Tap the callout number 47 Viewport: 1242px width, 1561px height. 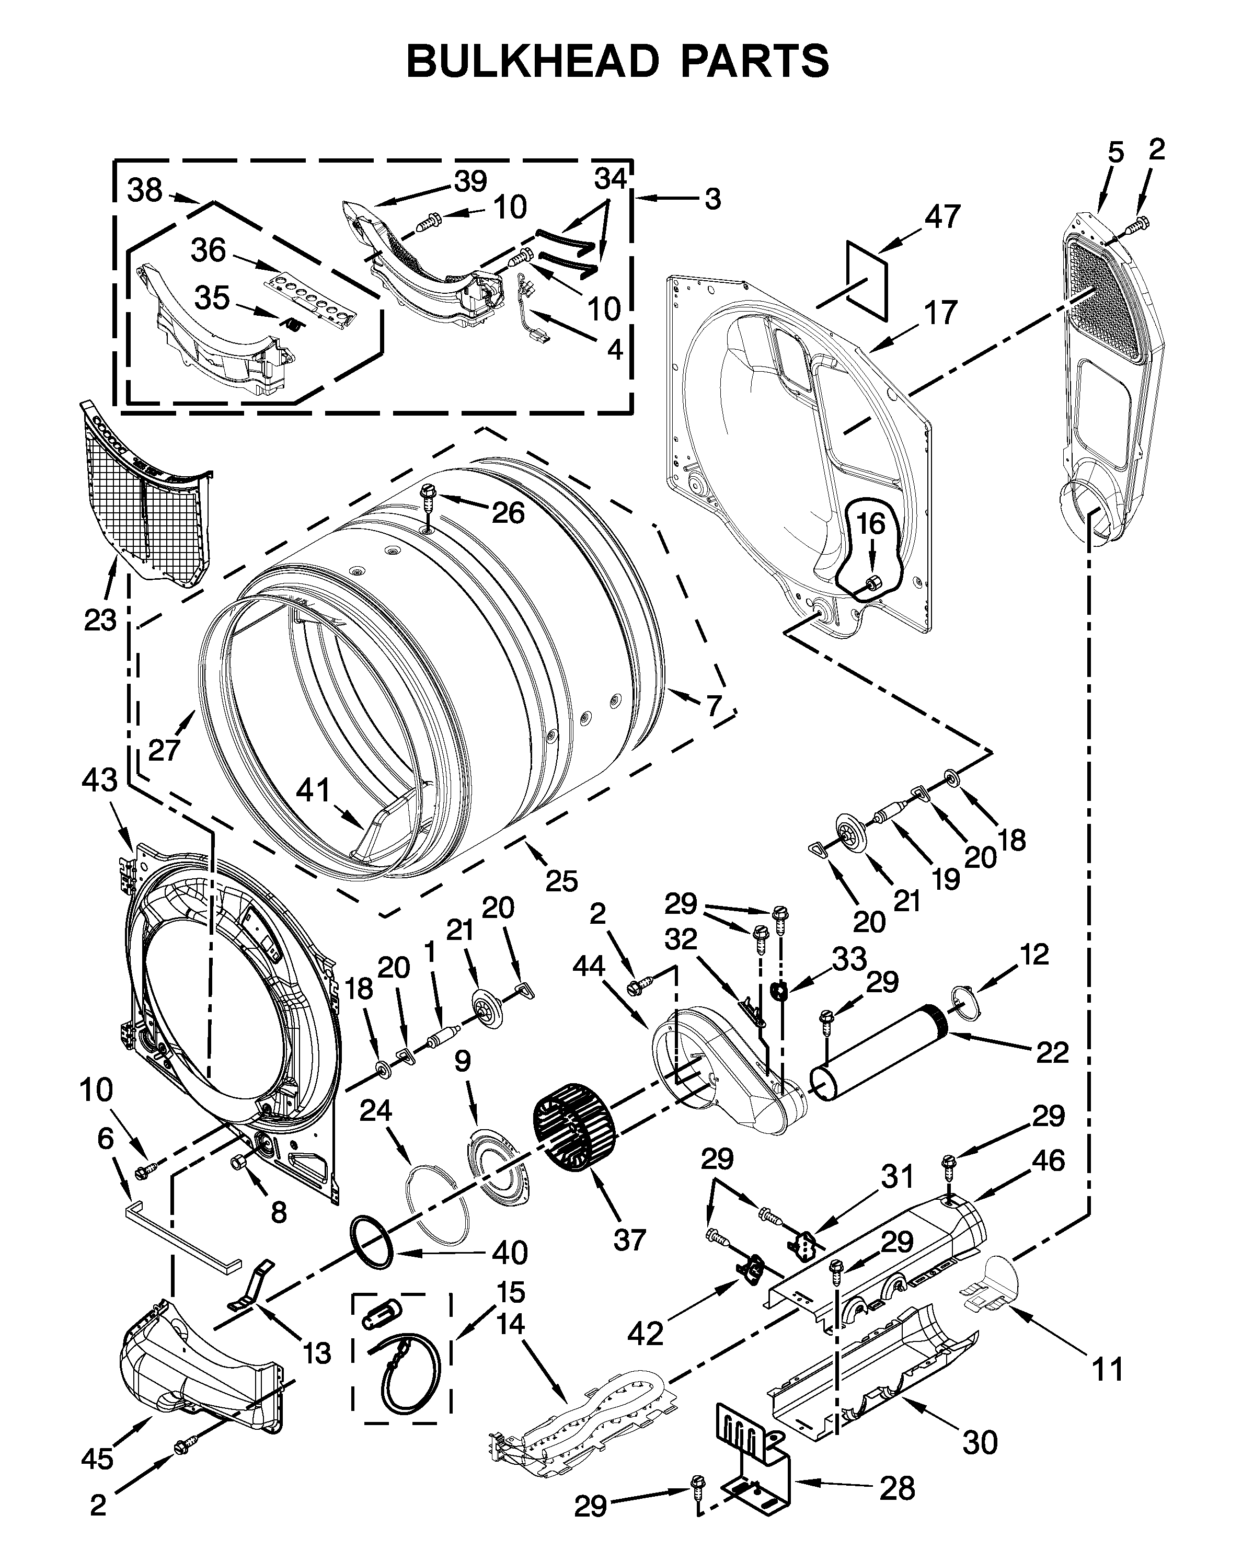tap(942, 216)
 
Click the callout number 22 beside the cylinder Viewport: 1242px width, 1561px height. tap(1052, 1052)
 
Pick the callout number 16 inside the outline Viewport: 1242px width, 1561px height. tap(871, 523)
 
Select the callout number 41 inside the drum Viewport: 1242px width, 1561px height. tap(313, 790)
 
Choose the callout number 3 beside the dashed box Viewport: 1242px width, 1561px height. tap(713, 198)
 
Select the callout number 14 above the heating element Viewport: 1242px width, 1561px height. tap(511, 1324)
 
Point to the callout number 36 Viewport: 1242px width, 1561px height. tap(209, 250)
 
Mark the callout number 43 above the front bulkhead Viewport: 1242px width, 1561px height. tap(100, 780)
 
